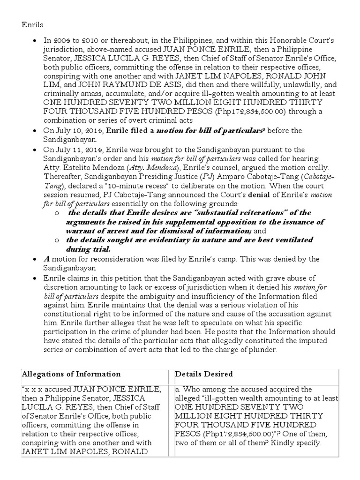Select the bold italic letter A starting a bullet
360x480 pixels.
click(x=46, y=259)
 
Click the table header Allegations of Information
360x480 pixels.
click(x=71, y=374)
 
